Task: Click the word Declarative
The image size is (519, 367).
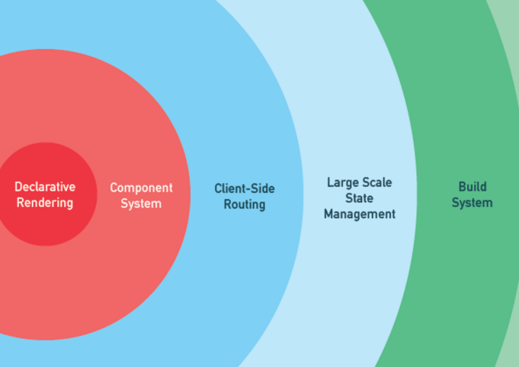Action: click(x=45, y=186)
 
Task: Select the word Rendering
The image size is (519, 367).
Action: click(x=45, y=202)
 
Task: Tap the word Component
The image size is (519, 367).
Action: click(x=141, y=188)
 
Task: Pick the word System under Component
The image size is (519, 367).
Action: click(x=141, y=204)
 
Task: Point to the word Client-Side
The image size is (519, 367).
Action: click(x=244, y=188)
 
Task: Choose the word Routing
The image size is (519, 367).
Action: click(x=244, y=204)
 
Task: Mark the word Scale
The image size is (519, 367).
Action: click(x=377, y=182)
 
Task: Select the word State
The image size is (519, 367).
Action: click(x=359, y=198)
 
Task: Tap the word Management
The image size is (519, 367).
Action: click(x=359, y=214)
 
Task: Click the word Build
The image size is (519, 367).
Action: click(x=472, y=186)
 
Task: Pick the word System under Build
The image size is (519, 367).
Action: click(x=472, y=203)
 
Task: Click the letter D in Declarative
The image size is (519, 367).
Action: click(x=18, y=186)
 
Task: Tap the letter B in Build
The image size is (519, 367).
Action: click(x=462, y=186)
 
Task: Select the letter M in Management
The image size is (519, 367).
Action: click(x=329, y=214)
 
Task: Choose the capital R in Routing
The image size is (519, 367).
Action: click(x=227, y=204)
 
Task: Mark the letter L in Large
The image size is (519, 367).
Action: click(x=330, y=182)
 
